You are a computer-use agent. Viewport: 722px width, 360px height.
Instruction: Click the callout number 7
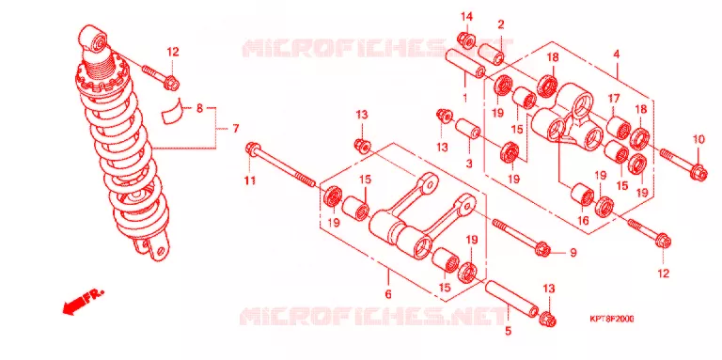[x=235, y=129]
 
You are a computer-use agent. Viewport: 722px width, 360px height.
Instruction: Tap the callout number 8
[x=199, y=109]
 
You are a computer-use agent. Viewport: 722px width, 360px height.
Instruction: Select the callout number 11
[x=249, y=180]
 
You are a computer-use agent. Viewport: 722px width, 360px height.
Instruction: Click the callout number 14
[x=467, y=18]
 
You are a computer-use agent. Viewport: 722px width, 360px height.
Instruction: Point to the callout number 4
[x=616, y=55]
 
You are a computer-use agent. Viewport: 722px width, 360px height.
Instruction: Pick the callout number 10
[x=699, y=139]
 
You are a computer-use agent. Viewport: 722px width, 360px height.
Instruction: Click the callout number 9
[x=573, y=252]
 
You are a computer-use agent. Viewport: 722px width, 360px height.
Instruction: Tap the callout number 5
[x=509, y=330]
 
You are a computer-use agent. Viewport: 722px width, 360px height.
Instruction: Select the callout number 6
[x=388, y=293]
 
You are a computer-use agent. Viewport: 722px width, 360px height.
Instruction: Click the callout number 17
[x=613, y=98]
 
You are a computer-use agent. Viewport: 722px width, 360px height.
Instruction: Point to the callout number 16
[x=583, y=221]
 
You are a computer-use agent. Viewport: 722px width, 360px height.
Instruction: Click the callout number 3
[x=469, y=163]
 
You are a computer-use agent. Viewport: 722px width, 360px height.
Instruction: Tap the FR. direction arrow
[x=83, y=302]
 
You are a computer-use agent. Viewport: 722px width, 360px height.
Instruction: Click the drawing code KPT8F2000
[x=611, y=319]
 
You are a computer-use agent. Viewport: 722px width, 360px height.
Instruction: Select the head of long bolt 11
[x=253, y=149]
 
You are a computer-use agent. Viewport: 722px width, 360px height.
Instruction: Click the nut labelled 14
[x=466, y=40]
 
